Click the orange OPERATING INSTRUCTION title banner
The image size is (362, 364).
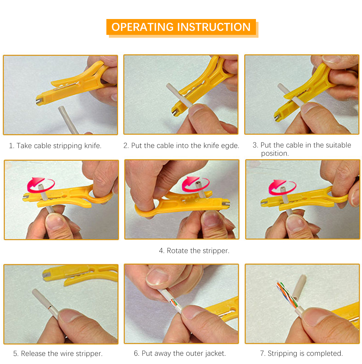[x=181, y=27]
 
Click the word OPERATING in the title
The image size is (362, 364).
[x=143, y=27]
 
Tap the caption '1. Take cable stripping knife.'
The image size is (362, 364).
[x=55, y=146]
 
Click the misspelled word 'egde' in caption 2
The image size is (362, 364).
[x=230, y=146]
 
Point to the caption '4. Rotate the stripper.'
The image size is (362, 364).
[x=194, y=251]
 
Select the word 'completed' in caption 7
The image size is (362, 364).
[x=324, y=354]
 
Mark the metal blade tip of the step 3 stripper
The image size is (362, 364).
[x=277, y=118]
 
